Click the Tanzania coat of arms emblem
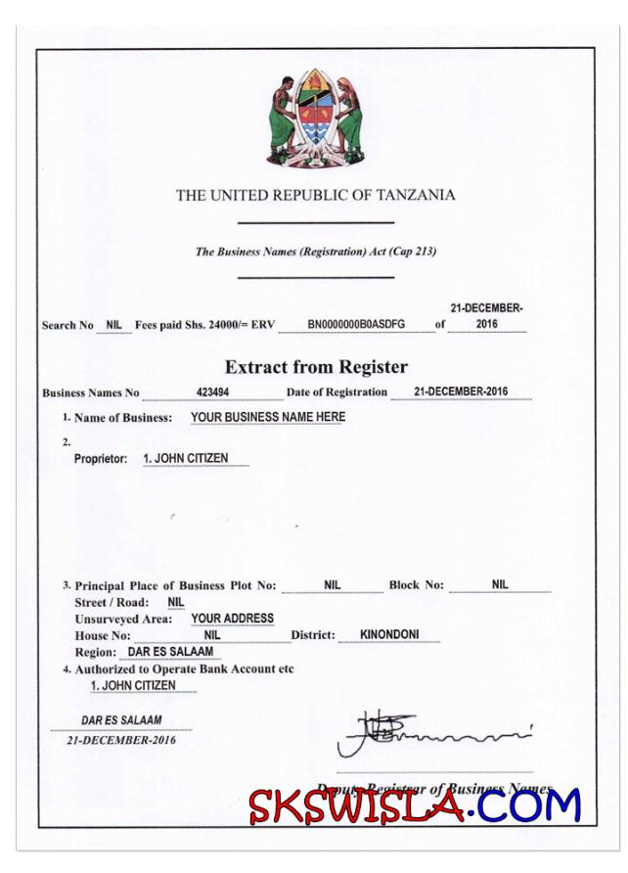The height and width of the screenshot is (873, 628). tap(315, 116)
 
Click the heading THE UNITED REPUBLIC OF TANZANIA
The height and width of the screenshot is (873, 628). tap(315, 195)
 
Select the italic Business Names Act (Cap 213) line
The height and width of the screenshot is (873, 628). tap(315, 252)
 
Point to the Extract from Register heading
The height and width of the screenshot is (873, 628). tap(315, 368)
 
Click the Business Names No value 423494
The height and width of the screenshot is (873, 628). tap(212, 391)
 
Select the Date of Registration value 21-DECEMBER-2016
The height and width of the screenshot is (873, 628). tap(460, 391)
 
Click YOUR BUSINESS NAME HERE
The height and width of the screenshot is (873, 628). tap(267, 417)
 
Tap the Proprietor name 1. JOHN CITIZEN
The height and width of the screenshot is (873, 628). tap(186, 458)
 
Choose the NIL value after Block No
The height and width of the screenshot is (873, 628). tap(500, 584)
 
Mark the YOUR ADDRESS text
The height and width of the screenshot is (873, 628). tap(232, 619)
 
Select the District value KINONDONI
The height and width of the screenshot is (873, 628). tap(389, 634)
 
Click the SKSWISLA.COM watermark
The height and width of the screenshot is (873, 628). tap(414, 804)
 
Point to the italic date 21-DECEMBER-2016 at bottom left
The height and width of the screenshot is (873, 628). tap(121, 740)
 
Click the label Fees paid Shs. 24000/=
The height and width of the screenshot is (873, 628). tap(193, 324)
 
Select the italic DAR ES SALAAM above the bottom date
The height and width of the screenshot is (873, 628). tap(121, 721)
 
